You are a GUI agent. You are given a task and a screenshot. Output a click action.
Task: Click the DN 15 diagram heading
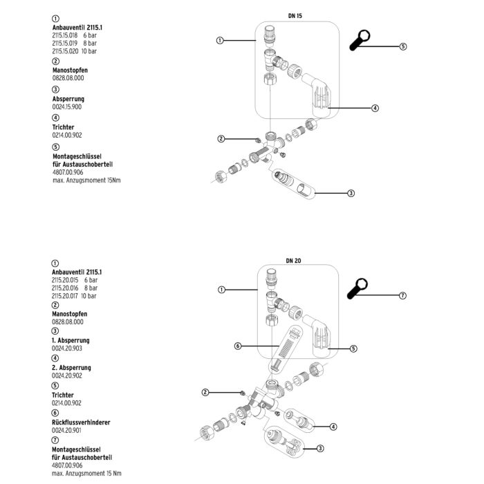point(295,15)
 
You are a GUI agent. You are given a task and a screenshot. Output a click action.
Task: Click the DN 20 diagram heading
point(295,261)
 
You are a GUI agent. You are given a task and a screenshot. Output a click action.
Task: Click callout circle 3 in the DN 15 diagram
point(351,193)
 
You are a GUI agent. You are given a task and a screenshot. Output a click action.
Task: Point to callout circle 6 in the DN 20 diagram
point(237,346)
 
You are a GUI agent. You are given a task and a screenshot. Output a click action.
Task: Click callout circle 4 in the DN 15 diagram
point(375,108)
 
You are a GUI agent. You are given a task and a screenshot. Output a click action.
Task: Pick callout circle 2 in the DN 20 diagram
point(205,393)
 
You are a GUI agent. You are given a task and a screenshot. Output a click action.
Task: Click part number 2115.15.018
point(66,34)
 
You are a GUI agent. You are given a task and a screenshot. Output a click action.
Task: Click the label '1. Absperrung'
point(71,341)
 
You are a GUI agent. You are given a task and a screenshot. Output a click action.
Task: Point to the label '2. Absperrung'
point(71,368)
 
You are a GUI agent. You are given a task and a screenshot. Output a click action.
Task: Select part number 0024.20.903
point(66,349)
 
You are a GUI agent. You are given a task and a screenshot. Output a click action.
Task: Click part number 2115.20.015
point(66,280)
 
